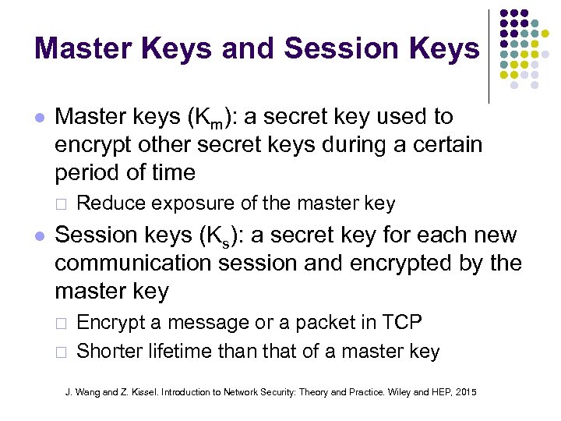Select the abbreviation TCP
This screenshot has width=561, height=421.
click(403, 322)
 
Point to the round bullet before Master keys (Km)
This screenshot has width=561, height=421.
click(40, 119)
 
